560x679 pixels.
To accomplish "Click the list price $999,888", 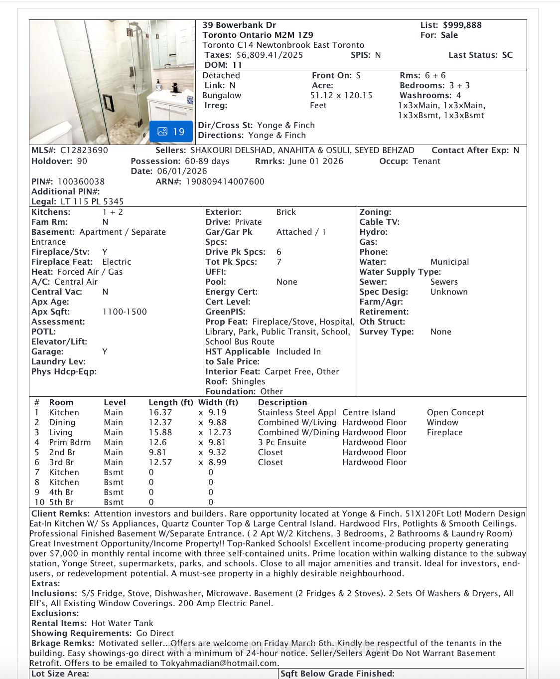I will click(462, 25).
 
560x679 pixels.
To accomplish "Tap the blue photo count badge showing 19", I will click(171, 132).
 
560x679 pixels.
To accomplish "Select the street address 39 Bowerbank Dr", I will click(239, 25).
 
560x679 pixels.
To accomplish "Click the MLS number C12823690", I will click(84, 150).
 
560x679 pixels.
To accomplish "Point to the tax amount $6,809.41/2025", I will click(270, 55).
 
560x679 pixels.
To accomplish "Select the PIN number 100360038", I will click(81, 181).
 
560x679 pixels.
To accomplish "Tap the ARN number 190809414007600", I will click(225, 181).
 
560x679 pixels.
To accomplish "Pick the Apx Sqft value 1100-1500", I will click(125, 312).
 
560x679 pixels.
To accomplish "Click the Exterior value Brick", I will click(286, 212).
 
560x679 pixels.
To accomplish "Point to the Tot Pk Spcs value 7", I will click(279, 262).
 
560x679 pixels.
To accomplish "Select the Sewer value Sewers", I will click(444, 282).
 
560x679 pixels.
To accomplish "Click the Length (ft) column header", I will click(170, 402).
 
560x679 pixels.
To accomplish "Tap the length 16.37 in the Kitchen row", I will click(160, 412).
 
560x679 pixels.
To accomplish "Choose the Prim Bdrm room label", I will click(70, 442).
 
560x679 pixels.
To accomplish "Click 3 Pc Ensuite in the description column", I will click(282, 442).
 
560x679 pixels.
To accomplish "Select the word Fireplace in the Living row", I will click(444, 432).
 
